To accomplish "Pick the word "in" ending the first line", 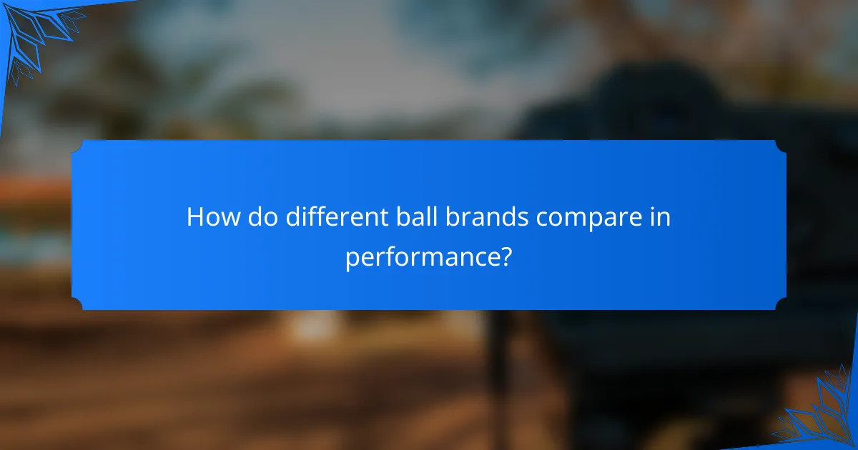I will point(661,217).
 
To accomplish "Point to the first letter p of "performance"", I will point(352,259).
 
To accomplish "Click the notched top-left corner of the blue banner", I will point(77,145).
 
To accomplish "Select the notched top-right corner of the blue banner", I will point(781,145).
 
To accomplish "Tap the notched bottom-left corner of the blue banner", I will point(77,304).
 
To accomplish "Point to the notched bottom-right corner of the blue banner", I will point(781,304).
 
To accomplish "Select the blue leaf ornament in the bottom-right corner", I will point(822,414).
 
